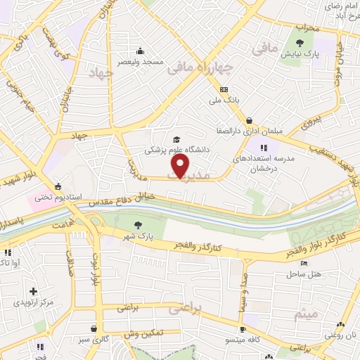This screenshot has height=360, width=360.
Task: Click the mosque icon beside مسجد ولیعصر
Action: point(141,51)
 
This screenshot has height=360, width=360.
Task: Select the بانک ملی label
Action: point(226,101)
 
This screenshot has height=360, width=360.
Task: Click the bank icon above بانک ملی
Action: point(224,89)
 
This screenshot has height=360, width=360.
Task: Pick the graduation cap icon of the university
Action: point(175,139)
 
